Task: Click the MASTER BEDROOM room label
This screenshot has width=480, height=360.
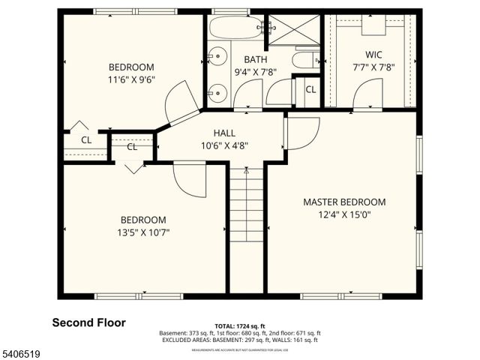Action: pyautogui.click(x=344, y=202)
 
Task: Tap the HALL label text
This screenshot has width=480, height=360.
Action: pyautogui.click(x=223, y=133)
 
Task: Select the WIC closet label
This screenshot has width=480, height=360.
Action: pyautogui.click(x=374, y=54)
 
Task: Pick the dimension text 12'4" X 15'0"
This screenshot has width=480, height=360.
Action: pyautogui.click(x=344, y=214)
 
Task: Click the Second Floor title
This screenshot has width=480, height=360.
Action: pyautogui.click(x=88, y=322)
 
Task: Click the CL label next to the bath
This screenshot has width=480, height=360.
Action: pyautogui.click(x=310, y=90)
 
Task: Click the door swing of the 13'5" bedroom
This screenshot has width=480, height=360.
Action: pyautogui.click(x=190, y=180)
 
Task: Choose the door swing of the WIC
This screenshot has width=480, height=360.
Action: pyautogui.click(x=367, y=94)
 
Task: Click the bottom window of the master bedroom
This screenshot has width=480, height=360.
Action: pyautogui.click(x=330, y=296)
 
